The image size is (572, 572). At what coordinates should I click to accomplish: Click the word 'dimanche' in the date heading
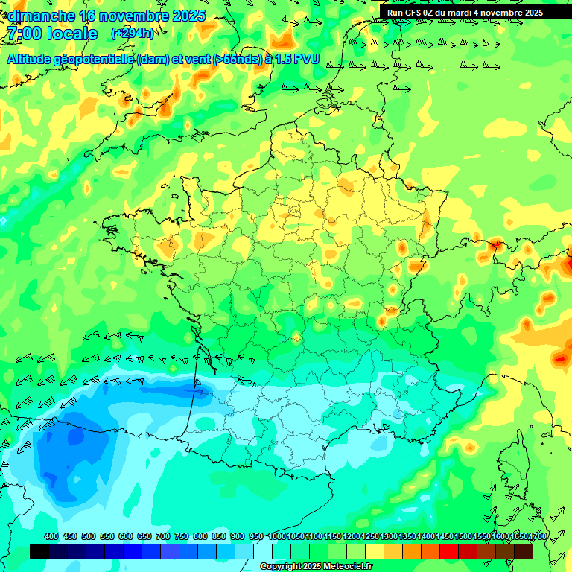click(41, 15)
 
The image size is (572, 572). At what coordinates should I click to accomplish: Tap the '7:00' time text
click(23, 34)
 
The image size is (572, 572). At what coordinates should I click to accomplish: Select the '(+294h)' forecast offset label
click(133, 33)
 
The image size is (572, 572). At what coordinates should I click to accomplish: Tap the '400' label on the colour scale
click(51, 536)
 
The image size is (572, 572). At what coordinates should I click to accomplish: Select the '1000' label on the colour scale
click(277, 536)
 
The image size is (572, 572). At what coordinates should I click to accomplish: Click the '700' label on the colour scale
click(163, 536)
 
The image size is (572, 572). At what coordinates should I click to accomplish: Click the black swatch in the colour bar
click(39, 551)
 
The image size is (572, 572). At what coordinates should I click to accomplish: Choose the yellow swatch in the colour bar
click(375, 551)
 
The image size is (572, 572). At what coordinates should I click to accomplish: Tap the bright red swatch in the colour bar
click(449, 551)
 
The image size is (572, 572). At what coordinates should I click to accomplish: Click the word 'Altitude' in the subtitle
click(31, 59)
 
